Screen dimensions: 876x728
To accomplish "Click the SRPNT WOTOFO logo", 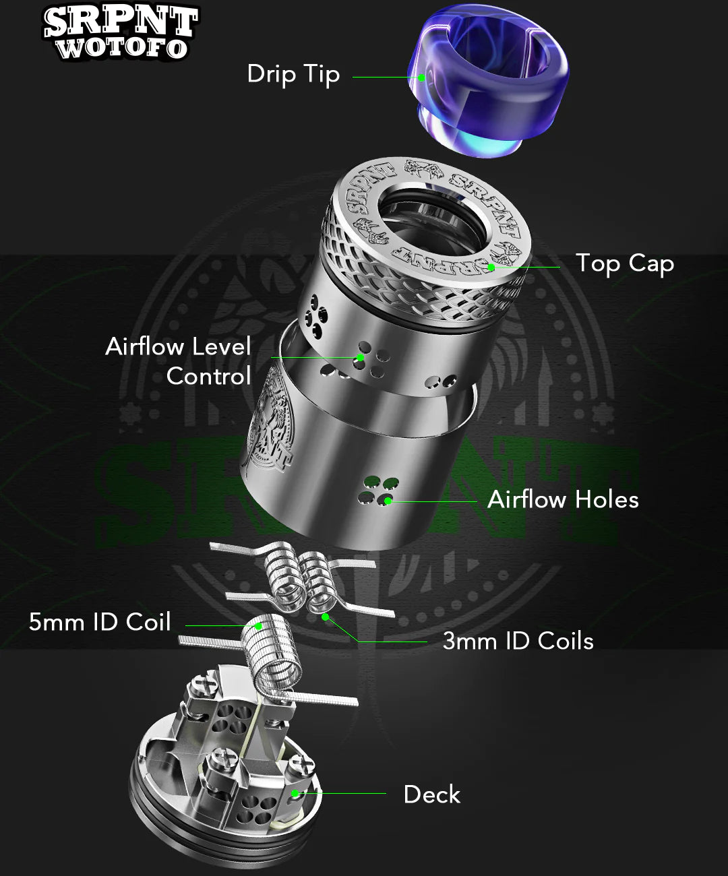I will (x=121, y=32).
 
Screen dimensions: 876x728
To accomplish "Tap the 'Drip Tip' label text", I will (x=293, y=74).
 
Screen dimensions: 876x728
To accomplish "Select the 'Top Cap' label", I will (x=624, y=263).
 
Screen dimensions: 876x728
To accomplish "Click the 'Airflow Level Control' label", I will (x=179, y=361).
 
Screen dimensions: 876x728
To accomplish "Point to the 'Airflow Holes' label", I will (x=563, y=499).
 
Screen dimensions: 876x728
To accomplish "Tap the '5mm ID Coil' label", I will (x=100, y=622).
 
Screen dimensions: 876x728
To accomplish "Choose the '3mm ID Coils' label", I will (x=518, y=641).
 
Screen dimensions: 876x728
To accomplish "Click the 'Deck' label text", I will (x=431, y=794).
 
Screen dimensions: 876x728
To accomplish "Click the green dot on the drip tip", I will (x=422, y=77).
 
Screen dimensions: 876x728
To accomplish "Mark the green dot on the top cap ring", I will (x=491, y=268).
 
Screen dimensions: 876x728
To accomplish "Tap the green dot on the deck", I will (x=295, y=794).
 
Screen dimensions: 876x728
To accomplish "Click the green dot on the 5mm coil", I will (x=258, y=626).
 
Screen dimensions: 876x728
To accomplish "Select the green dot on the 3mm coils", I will (x=325, y=617).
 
